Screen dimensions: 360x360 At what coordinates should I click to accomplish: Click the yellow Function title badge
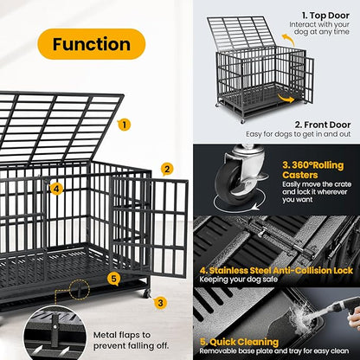[91, 43]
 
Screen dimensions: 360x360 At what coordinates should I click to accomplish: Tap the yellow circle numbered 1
[125, 125]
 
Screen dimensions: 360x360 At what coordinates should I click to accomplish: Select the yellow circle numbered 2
[167, 169]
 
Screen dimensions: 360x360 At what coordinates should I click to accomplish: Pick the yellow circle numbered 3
[160, 303]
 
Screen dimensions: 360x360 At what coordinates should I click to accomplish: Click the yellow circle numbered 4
[56, 188]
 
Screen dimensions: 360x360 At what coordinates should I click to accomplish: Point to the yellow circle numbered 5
[113, 279]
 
